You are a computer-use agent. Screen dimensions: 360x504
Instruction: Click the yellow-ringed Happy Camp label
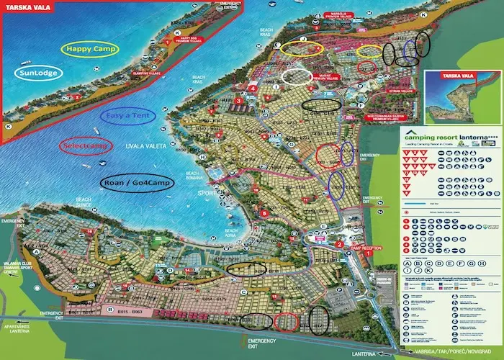[91, 49]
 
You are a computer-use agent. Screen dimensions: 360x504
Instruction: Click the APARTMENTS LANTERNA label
[14, 327]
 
